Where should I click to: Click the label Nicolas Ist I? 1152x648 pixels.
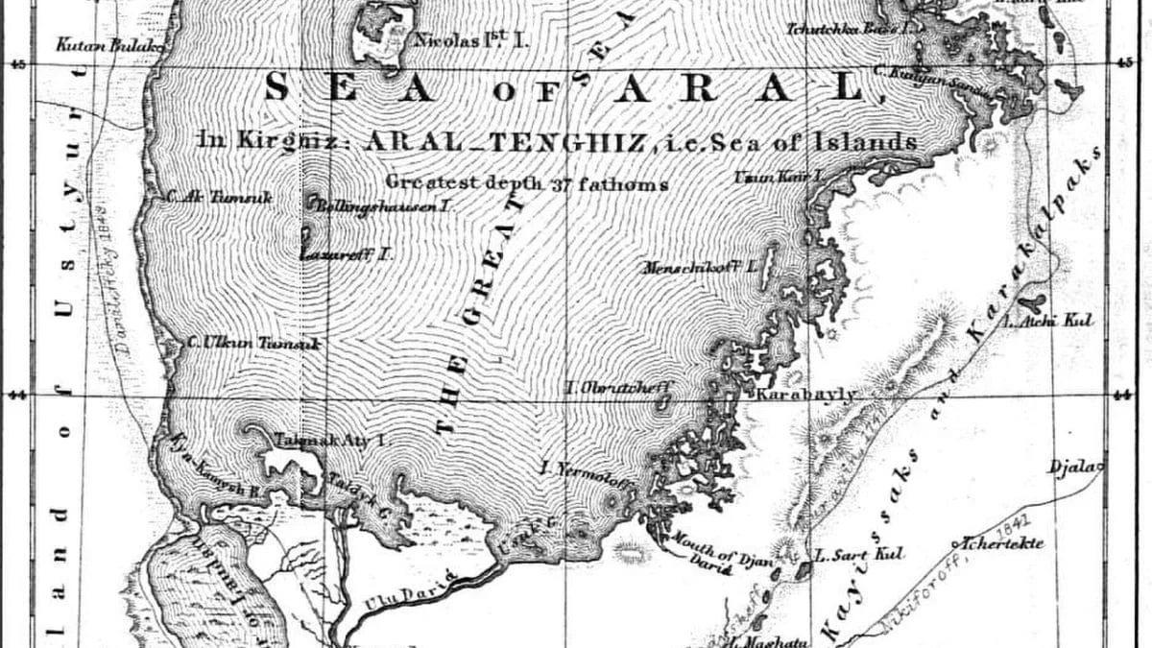[471, 41]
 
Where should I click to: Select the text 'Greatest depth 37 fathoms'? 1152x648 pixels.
[527, 182]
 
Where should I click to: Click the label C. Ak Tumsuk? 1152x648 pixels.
[218, 197]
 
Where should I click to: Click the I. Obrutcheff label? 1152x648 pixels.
[620, 388]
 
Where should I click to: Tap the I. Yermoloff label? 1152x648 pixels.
[587, 469]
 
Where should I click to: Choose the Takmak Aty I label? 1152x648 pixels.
[329, 441]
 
